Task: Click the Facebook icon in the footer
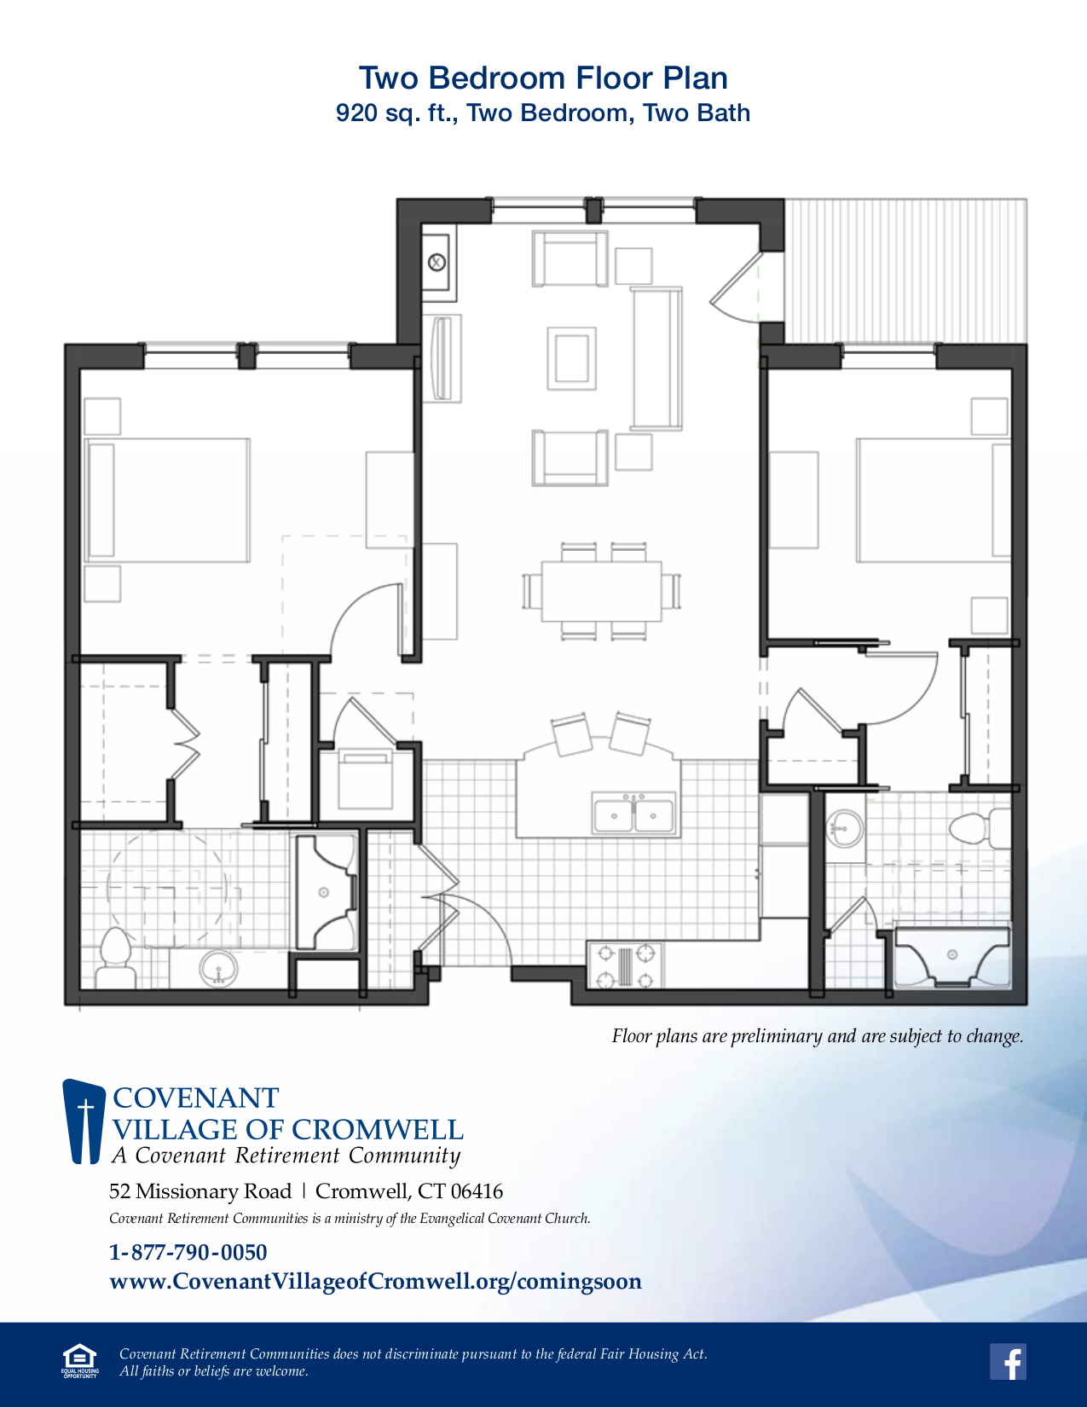click(x=1008, y=1362)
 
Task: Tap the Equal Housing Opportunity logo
click(x=79, y=1360)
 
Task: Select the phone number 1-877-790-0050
click(x=188, y=1252)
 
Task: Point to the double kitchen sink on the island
click(x=633, y=814)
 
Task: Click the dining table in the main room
click(x=602, y=591)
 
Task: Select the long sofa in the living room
click(x=657, y=358)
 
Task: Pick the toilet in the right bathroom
click(x=979, y=828)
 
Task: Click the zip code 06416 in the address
click(x=477, y=1191)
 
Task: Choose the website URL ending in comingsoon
click(x=375, y=1281)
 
